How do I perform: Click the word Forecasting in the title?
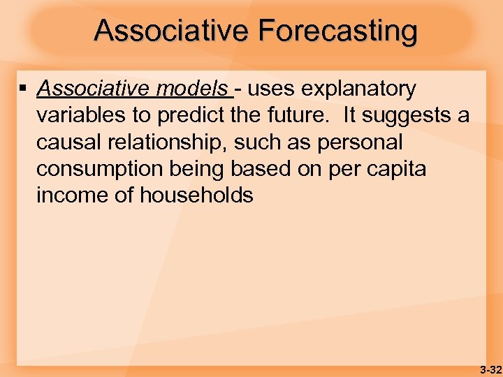tap(337, 31)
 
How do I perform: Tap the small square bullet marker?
tap(24, 89)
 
